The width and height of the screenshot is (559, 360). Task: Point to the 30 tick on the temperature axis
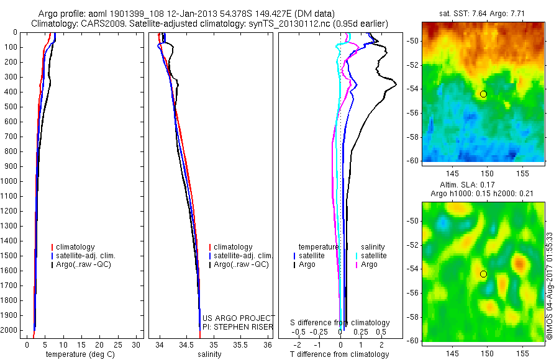(x=137, y=344)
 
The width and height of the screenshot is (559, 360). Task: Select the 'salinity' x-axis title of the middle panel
(x=209, y=354)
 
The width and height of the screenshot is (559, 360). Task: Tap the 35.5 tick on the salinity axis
(x=240, y=344)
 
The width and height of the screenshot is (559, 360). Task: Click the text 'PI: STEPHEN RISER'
(x=237, y=326)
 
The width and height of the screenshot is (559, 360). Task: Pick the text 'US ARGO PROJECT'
(x=238, y=318)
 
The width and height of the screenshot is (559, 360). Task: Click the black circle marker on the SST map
(x=483, y=94)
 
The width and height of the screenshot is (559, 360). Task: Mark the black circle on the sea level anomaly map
(x=483, y=274)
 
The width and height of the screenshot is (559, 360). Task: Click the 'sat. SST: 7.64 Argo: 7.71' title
(x=483, y=13)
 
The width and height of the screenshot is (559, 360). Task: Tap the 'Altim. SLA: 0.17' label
(x=483, y=184)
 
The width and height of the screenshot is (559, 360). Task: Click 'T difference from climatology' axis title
(x=339, y=354)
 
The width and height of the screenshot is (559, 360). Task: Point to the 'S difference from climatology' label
(x=340, y=323)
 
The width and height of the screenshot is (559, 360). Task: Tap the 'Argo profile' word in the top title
(x=59, y=14)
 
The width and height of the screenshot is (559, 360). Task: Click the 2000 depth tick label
(x=11, y=331)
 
